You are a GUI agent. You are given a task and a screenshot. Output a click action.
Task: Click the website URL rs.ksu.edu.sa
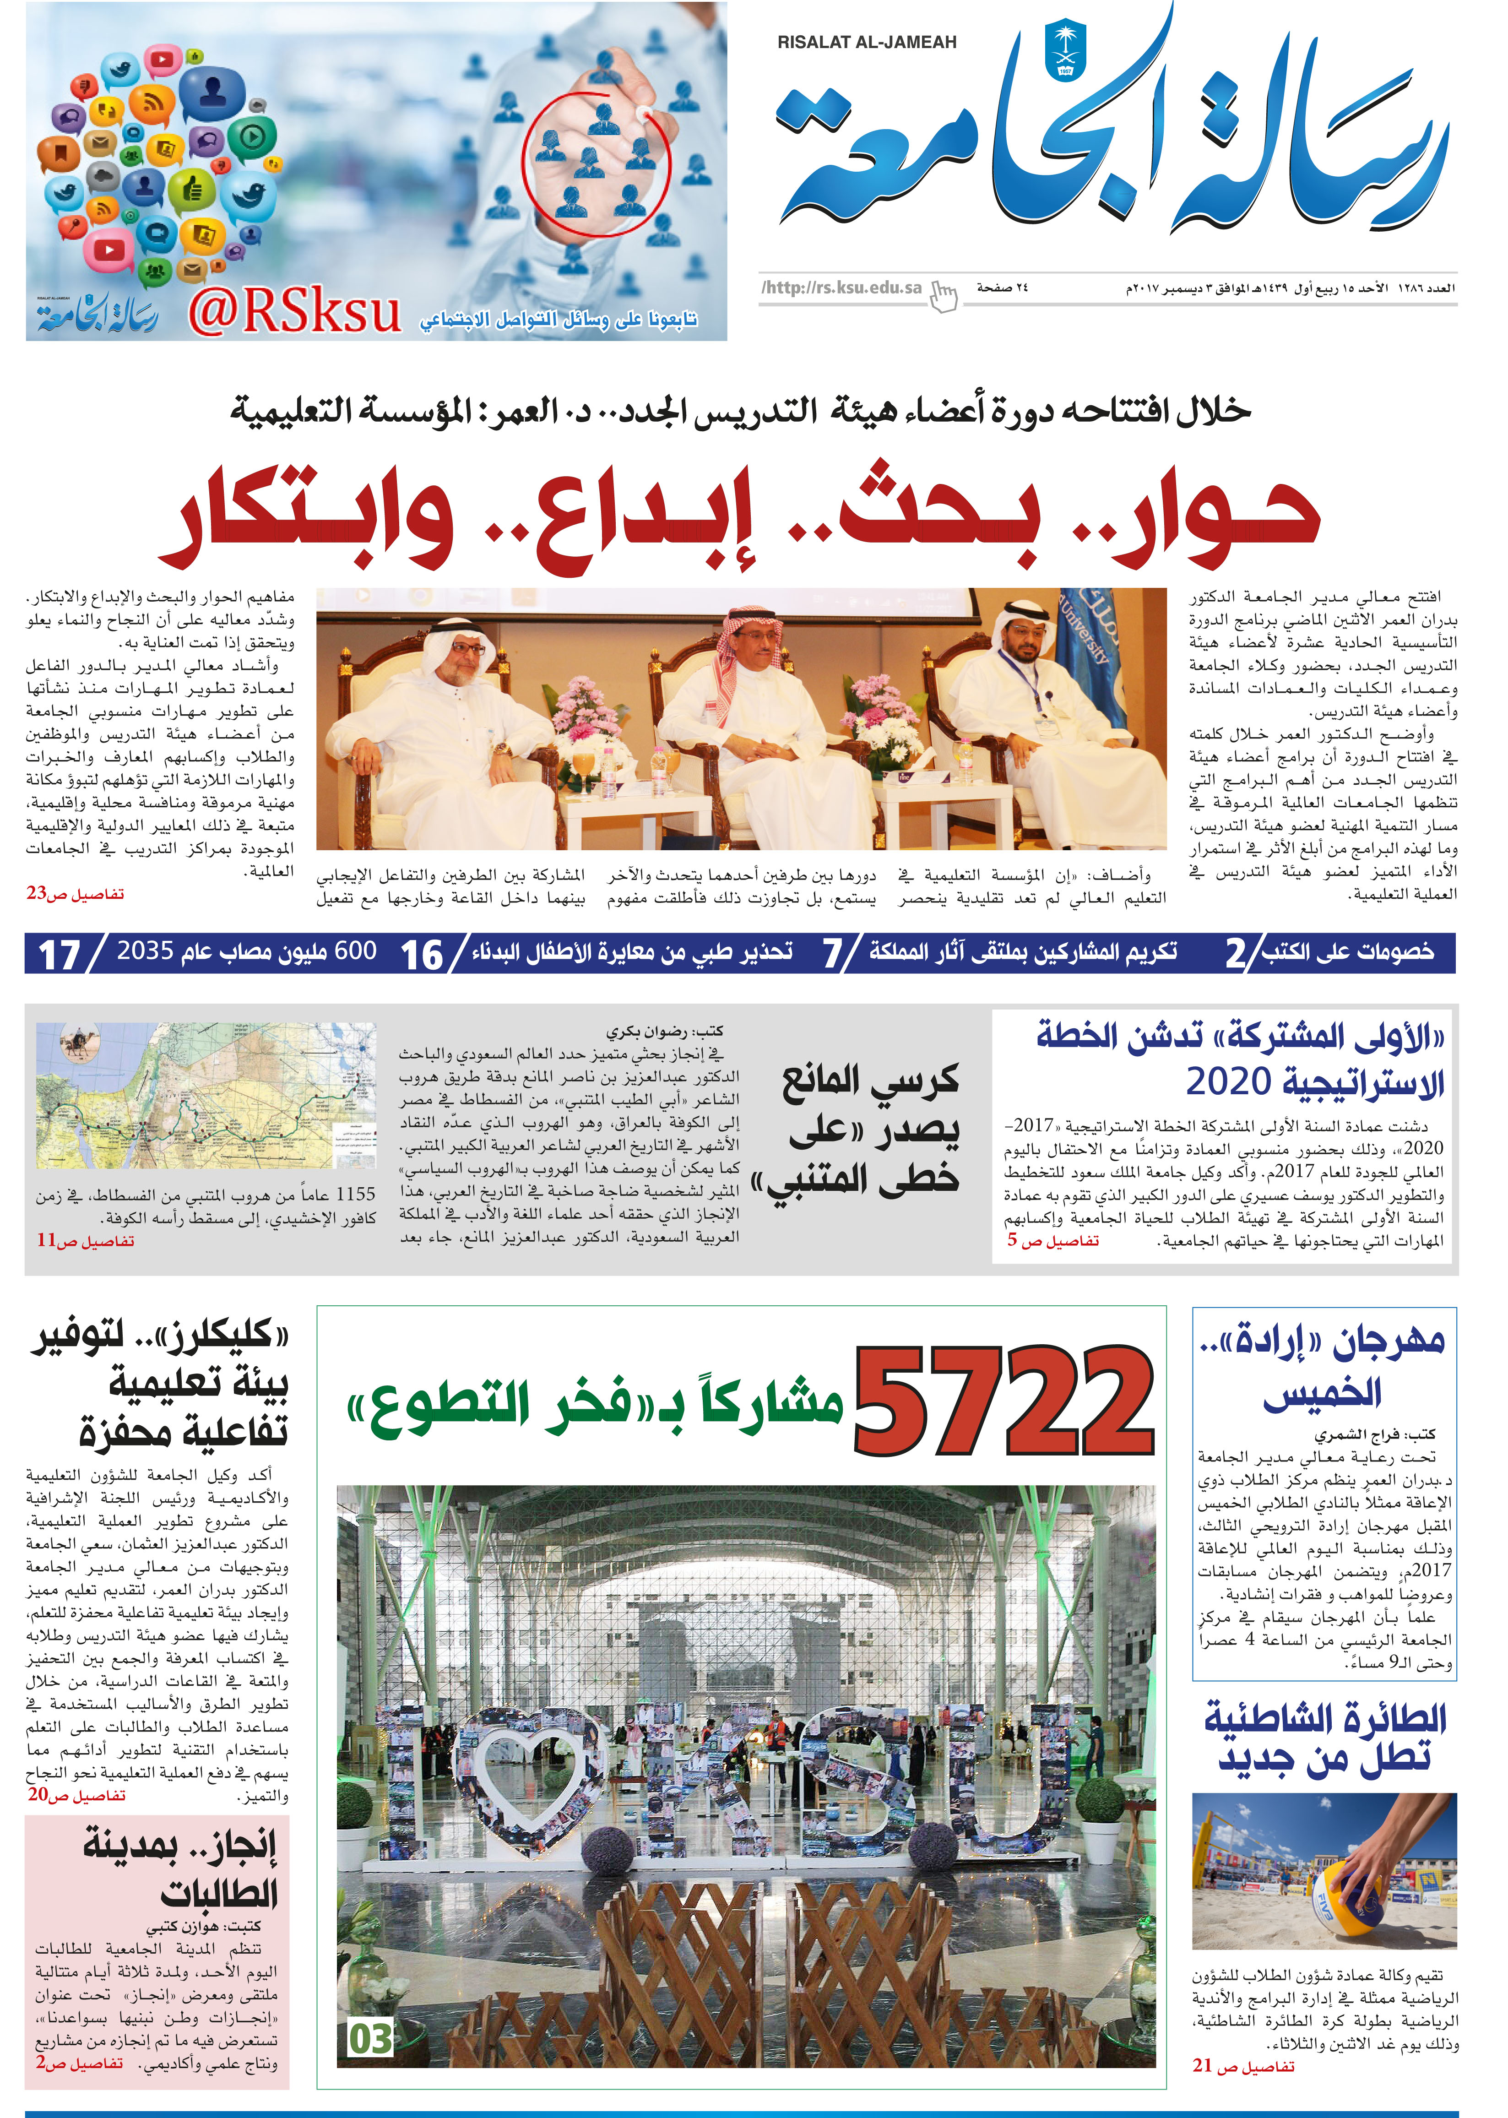point(841,288)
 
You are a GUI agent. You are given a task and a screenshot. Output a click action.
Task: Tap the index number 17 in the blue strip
point(59,955)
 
